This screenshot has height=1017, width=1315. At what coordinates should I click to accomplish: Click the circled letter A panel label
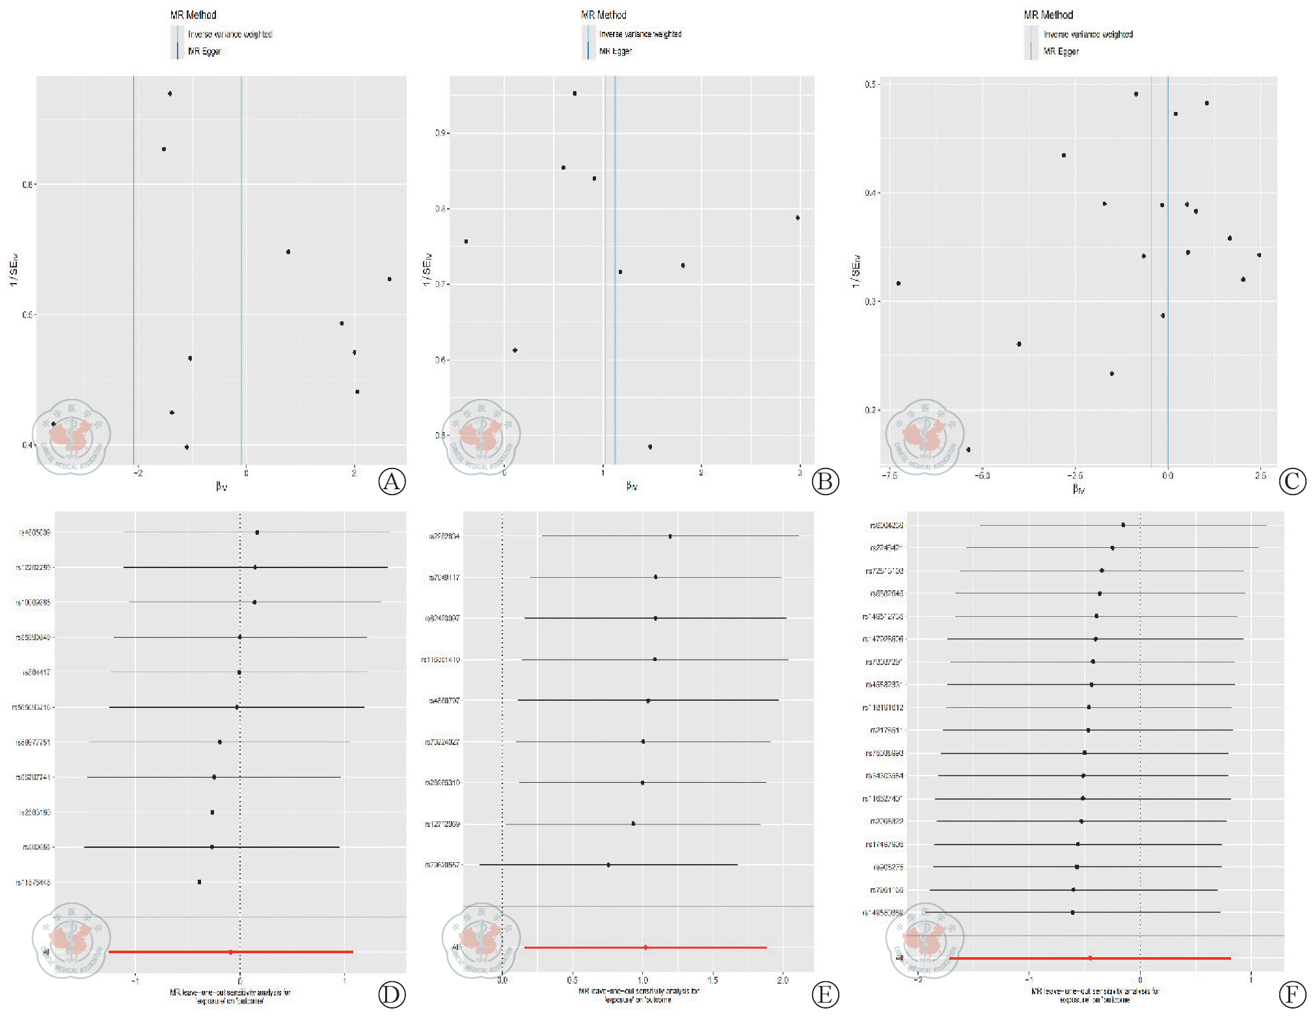click(x=392, y=481)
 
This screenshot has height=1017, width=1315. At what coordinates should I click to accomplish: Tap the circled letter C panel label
click(x=1292, y=481)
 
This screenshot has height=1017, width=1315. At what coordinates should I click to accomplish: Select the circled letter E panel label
click(x=825, y=995)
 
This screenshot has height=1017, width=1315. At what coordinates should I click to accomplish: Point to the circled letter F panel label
click(x=1292, y=995)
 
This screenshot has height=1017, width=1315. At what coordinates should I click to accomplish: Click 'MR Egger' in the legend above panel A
click(x=204, y=51)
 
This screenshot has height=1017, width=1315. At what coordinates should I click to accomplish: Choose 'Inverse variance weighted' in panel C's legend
click(x=1088, y=34)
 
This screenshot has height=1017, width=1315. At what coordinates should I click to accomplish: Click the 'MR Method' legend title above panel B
click(x=603, y=15)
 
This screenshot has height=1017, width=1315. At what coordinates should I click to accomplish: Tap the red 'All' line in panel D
click(x=230, y=952)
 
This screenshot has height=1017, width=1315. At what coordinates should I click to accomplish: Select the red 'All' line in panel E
click(x=645, y=947)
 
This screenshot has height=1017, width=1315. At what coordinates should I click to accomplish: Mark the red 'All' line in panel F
click(x=1090, y=958)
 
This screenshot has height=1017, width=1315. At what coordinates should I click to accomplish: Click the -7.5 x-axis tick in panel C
click(x=889, y=476)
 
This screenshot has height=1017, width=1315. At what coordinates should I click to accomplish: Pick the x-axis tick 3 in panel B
click(x=800, y=473)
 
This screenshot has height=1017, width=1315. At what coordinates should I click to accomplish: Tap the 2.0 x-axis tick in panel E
click(x=783, y=980)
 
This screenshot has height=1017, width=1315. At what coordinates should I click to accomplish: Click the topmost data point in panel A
click(x=170, y=94)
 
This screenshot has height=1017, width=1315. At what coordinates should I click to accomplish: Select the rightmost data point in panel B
click(x=798, y=218)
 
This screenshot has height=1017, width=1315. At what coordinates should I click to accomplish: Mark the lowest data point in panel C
click(x=968, y=450)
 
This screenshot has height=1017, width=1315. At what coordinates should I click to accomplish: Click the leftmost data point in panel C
click(x=899, y=284)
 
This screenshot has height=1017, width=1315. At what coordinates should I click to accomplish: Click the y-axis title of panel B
click(x=427, y=269)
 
